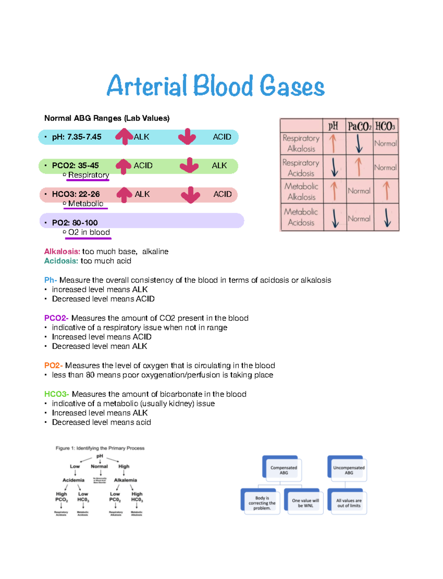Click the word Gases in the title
pos(292,86)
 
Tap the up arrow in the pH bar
pos(124,136)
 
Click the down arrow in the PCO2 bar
pos(189,165)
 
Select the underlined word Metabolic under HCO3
pos(86,204)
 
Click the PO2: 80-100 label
pos(75,223)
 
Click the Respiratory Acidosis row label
pos(301,168)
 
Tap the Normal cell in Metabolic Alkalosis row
pos(359,191)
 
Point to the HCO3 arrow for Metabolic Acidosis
pos(387,218)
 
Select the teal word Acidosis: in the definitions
pos(61,261)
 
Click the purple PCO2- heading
pos(56,318)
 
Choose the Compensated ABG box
pos(283,470)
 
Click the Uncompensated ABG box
pos(348,470)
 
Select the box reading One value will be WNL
pos(305,503)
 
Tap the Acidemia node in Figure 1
pos(73,480)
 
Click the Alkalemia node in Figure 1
pos(126,480)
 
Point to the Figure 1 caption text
pos(100,448)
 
